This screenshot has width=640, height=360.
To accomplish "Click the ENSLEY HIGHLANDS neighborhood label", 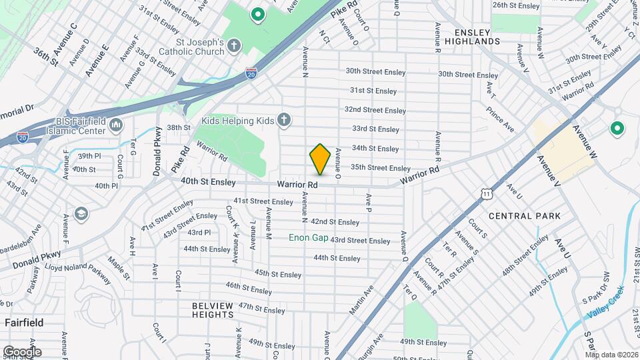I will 477,37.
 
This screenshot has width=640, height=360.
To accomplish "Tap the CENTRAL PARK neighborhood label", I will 525,216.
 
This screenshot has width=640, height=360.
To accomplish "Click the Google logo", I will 22,351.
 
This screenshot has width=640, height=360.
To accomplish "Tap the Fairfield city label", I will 24,323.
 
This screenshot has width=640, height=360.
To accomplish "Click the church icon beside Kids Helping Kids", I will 284,121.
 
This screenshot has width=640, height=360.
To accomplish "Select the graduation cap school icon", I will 82,213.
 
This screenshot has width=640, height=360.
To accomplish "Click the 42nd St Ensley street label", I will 335,222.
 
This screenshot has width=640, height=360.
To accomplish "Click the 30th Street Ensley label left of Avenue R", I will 375,71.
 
